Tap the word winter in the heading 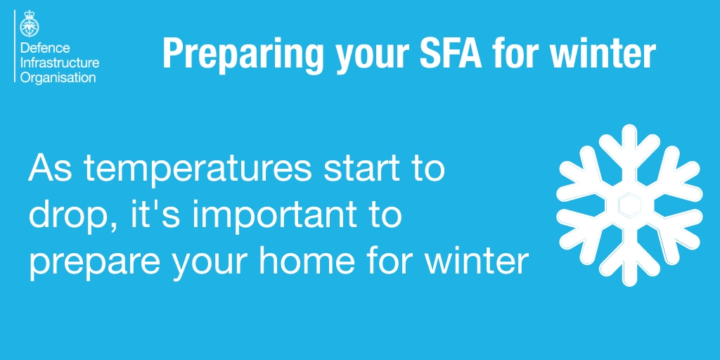click(x=611, y=53)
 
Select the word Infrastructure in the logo click(x=59, y=63)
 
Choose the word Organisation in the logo click(x=57, y=77)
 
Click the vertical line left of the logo click(x=15, y=42)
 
